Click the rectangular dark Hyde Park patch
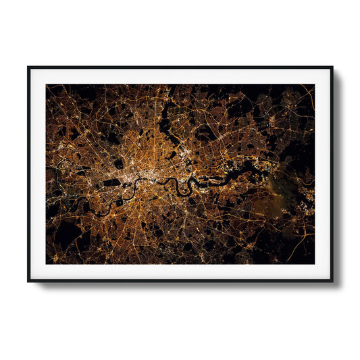(x=112, y=182)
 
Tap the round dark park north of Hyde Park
(x=119, y=163)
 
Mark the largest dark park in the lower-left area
(x=68, y=233)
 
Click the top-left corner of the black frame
(x=28, y=67)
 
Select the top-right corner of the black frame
(x=332, y=67)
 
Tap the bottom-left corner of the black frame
(x=28, y=280)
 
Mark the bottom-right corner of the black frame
(x=332, y=280)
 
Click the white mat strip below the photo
(x=180, y=271)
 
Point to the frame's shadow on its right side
(x=336, y=176)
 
